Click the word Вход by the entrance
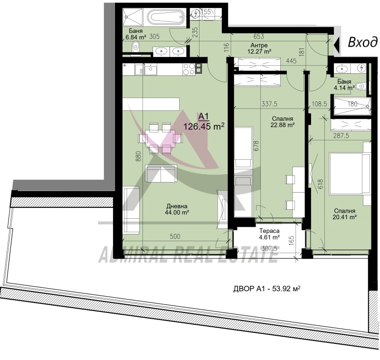[x=362, y=42]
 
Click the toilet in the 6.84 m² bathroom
[x=136, y=47]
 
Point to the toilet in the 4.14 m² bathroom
[x=361, y=86]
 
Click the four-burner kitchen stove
[x=189, y=69]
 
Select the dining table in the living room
[x=160, y=138]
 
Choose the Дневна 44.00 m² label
[x=177, y=209]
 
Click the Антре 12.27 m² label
[x=259, y=49]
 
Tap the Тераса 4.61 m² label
[x=269, y=234]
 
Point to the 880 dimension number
[x=138, y=157]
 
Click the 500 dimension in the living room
[x=175, y=236]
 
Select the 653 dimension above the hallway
[x=258, y=37]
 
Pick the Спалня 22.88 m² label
[x=283, y=122]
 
